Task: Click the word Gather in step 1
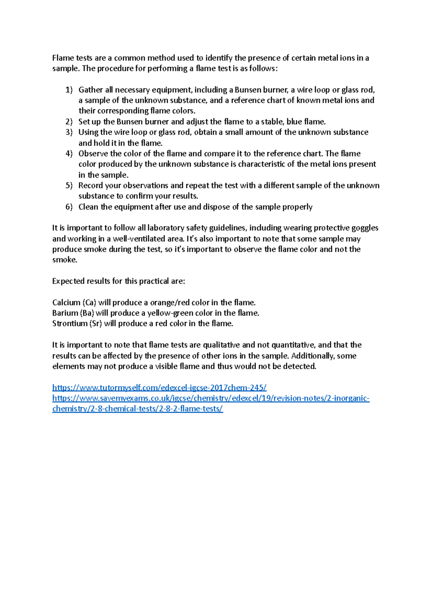coord(90,90)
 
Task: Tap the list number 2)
coord(69,122)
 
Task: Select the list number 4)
coord(69,154)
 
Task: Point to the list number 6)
coord(69,207)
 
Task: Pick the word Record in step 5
coord(90,186)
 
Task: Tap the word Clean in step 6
coord(89,207)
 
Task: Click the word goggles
coord(364,228)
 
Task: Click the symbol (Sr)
coord(95,323)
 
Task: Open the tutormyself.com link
coord(159,388)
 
